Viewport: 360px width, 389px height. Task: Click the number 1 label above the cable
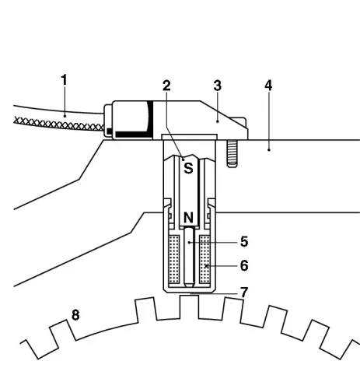pos(65,79)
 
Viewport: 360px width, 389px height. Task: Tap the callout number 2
pos(166,86)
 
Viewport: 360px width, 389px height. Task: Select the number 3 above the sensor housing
pos(217,85)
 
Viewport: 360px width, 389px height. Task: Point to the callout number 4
pos(267,85)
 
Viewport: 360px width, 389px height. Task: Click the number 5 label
pos(243,242)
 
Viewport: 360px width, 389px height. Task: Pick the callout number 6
pos(243,265)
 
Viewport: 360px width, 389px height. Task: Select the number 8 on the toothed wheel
pos(76,315)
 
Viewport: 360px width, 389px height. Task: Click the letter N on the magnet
pos(188,219)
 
